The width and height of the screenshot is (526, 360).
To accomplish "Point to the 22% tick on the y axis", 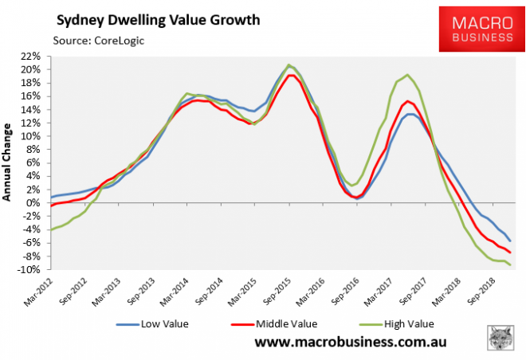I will pyautogui.click(x=33, y=57).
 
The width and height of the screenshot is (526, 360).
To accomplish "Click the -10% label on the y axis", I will pyautogui.click(x=31, y=270).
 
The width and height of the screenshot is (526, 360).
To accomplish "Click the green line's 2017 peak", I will pyautogui.click(x=407, y=75).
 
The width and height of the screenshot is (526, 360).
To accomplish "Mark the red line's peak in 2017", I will pyautogui.click(x=407, y=101).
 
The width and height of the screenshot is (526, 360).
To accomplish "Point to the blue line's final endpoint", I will pyautogui.click(x=510, y=241).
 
